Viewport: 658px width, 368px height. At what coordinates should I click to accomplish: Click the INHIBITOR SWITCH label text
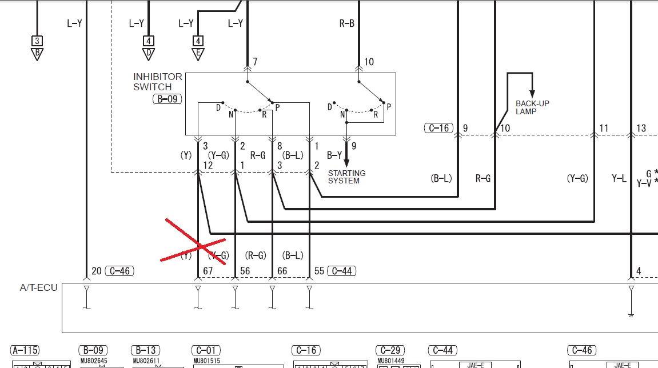[157, 82]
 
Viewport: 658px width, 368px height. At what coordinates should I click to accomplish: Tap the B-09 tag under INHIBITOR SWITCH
[167, 99]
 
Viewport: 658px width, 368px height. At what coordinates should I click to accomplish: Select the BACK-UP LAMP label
[532, 107]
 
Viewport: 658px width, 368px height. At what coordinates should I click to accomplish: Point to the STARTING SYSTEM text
[346, 177]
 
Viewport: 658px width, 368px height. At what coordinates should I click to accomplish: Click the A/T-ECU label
[39, 288]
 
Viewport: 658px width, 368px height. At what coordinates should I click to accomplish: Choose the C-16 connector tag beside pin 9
[438, 128]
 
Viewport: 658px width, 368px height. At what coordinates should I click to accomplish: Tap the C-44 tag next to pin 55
[342, 271]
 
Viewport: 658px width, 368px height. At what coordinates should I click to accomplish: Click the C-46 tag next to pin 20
[119, 271]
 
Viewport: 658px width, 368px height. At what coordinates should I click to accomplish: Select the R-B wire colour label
[346, 23]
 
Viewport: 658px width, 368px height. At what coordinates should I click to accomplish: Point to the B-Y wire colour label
[334, 155]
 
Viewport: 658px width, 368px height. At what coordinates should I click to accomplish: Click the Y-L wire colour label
[619, 179]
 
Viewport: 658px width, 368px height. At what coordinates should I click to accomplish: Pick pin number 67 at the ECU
[208, 271]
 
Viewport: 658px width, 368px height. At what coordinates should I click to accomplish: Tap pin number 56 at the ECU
[245, 271]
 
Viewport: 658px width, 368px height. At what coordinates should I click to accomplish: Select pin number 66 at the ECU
[282, 271]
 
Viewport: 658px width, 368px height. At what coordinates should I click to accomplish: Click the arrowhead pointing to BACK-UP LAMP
[532, 94]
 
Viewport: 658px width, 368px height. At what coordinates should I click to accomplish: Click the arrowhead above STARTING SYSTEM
[346, 163]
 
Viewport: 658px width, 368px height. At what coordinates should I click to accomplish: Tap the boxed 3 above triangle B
[37, 41]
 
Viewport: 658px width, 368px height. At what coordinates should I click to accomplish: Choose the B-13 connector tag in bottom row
[146, 350]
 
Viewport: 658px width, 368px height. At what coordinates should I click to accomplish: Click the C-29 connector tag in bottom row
[390, 350]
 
